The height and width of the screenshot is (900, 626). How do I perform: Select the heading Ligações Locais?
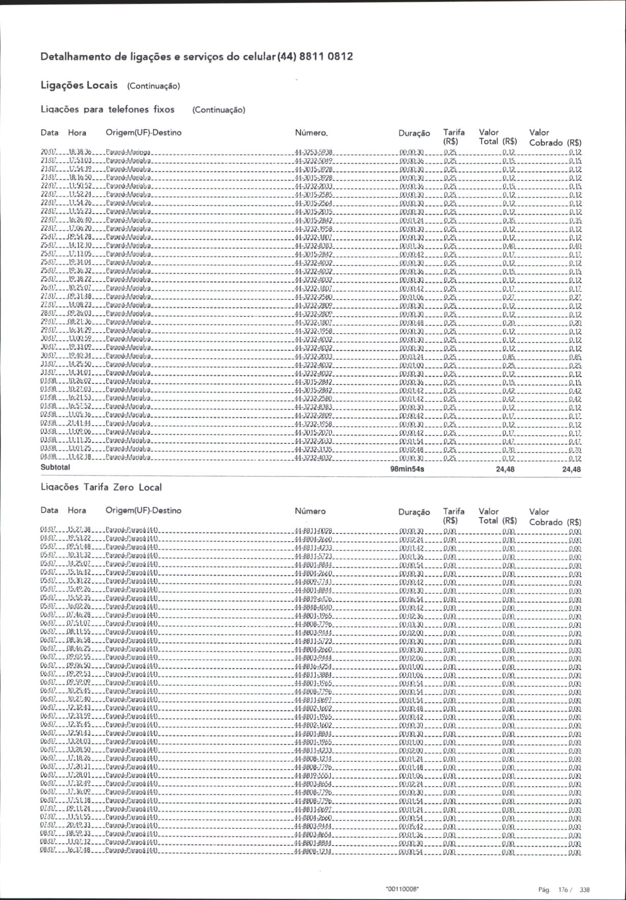79,85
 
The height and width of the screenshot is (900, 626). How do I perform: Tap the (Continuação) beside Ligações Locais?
153,86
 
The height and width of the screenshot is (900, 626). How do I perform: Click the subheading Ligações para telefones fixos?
107,109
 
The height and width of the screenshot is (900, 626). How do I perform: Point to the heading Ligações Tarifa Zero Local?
101,487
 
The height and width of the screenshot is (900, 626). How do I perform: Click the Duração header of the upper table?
414,133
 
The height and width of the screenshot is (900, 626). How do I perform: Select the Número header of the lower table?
310,511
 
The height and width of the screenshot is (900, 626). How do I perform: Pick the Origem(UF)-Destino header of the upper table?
143,133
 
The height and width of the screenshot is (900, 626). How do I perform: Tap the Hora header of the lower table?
77,510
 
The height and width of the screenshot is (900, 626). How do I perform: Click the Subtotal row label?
55,467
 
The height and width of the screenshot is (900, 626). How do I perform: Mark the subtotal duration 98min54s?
407,469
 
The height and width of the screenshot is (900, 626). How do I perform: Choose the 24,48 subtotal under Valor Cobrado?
572,469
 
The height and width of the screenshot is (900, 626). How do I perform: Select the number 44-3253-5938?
314,152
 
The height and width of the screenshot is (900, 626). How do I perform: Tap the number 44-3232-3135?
314,449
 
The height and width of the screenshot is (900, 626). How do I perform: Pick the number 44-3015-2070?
314,432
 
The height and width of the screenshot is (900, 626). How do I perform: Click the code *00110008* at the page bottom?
402,889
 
